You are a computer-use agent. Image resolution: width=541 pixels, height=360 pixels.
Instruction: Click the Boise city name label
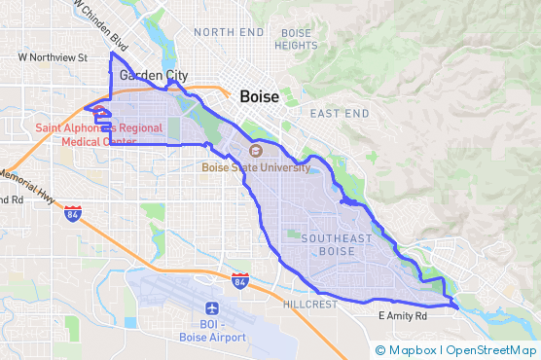[x=258, y=97]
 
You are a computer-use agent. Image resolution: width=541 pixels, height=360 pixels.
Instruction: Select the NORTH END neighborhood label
[x=229, y=32]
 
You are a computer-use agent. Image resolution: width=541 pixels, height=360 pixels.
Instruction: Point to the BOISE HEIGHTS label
[x=296, y=39]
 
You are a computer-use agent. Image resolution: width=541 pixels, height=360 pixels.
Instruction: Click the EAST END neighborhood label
[x=340, y=114]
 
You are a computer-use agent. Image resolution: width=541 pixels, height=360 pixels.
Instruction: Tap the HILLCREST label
[x=309, y=305]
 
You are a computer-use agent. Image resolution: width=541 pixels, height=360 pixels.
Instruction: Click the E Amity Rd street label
[x=403, y=316]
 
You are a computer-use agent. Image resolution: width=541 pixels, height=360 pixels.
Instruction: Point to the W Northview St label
[x=53, y=57]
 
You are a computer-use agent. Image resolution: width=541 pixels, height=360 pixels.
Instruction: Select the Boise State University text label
[x=256, y=166]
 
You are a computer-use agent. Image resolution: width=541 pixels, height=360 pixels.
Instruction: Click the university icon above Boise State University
[x=256, y=151]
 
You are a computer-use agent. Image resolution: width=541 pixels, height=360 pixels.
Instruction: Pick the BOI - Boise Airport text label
[x=212, y=331]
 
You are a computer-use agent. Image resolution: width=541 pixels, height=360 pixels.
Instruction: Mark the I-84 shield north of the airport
[x=240, y=280]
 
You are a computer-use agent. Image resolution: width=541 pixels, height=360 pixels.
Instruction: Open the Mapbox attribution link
[x=412, y=350]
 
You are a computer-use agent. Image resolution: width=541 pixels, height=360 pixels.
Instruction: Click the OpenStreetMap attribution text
[x=491, y=350]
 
